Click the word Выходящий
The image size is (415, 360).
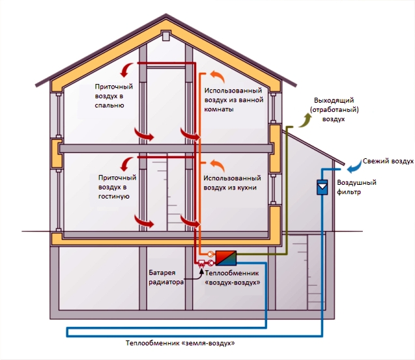333,101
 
